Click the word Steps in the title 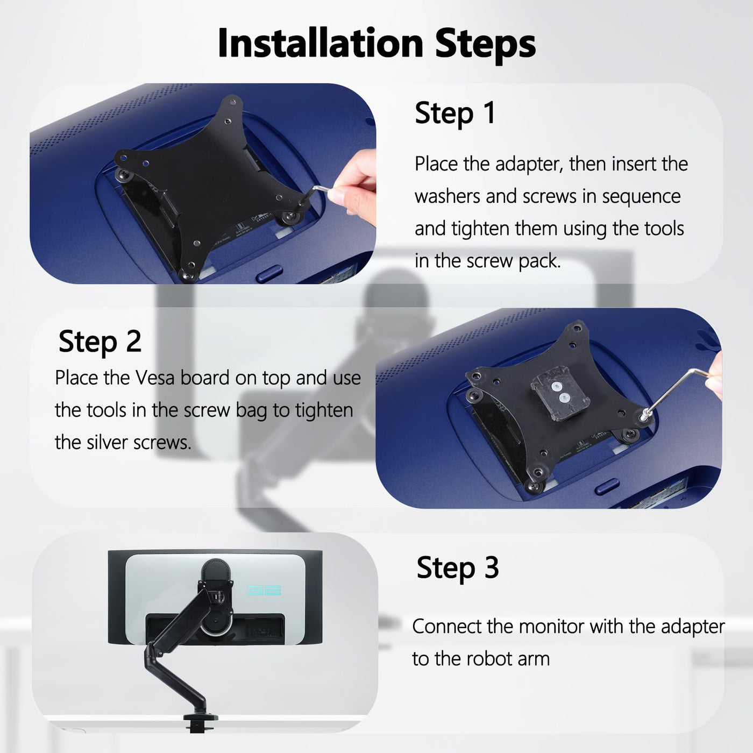pos(485,45)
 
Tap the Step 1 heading pos(455,113)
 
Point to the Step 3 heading pos(458,569)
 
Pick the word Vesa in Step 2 pos(155,378)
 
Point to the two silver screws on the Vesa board pos(560,392)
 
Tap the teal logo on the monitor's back pos(264,589)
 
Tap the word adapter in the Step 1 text pos(529,165)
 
